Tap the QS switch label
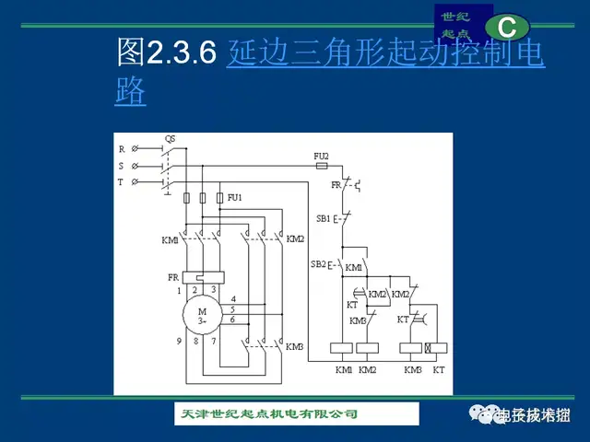(x=170, y=139)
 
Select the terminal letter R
(x=121, y=149)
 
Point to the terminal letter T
(x=121, y=183)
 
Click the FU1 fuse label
(x=235, y=197)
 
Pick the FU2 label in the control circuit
(x=321, y=156)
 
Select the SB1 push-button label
(x=323, y=219)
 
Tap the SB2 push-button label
(x=318, y=264)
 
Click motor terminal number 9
(x=179, y=342)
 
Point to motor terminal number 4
(x=233, y=299)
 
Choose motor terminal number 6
(x=233, y=319)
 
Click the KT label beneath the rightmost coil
(x=439, y=368)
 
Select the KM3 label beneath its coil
(x=412, y=368)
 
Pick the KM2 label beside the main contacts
(x=295, y=239)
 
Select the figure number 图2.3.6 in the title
(x=166, y=53)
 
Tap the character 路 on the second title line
(x=131, y=93)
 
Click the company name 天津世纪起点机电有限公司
(x=268, y=413)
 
